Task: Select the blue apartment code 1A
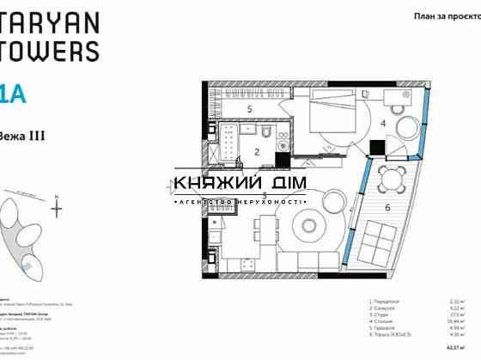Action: coord(12,94)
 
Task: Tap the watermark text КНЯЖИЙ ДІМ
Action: coord(240,183)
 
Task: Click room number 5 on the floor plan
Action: coord(249,109)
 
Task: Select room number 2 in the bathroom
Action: coord(256,152)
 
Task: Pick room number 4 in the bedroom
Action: coord(383,123)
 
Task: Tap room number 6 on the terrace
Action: coord(387,207)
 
